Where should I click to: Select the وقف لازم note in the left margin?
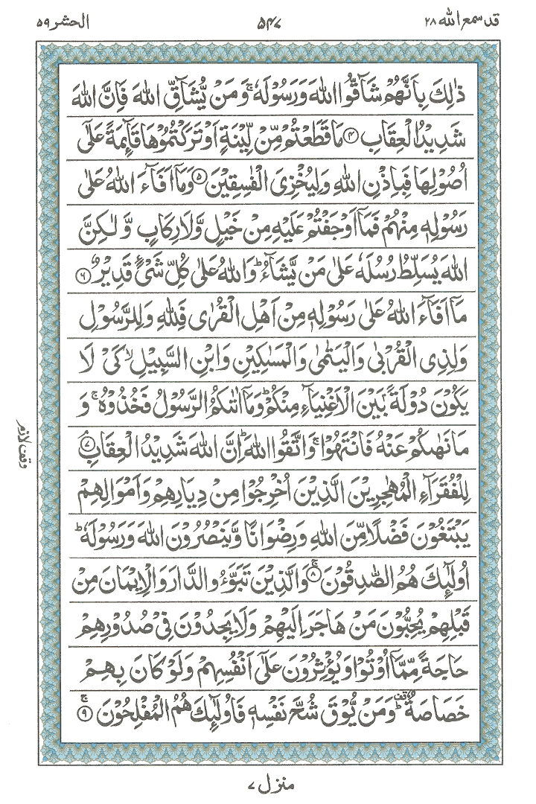point(19,446)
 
